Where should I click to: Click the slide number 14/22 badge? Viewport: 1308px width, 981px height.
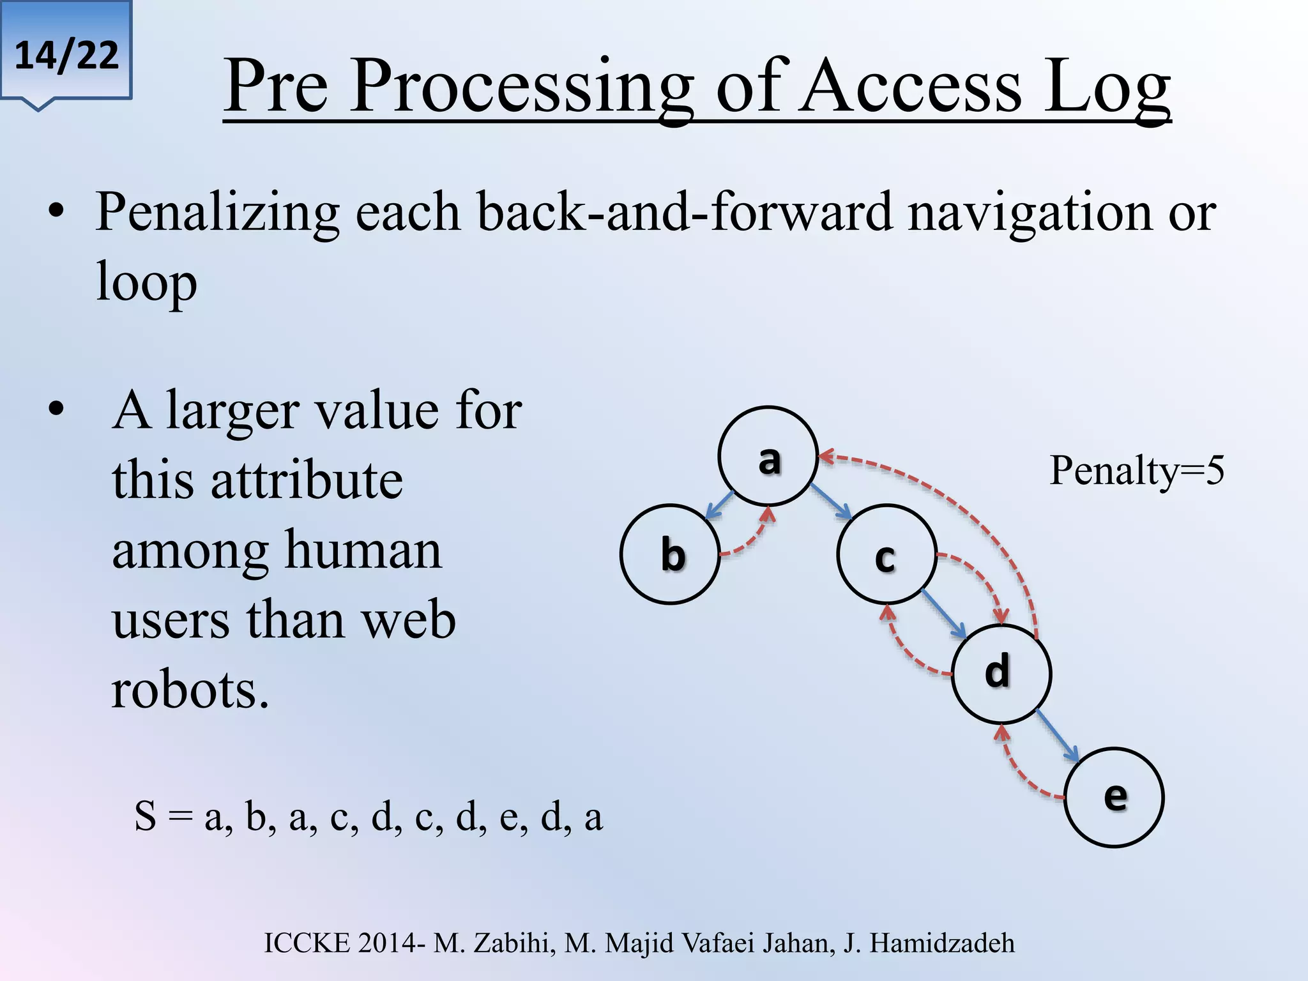click(x=66, y=54)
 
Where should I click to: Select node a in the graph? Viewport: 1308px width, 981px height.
click(x=768, y=456)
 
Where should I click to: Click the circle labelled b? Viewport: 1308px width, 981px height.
click(x=670, y=554)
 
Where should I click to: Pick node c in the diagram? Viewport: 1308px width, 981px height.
click(x=886, y=554)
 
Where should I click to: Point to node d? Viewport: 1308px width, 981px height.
click(x=1000, y=674)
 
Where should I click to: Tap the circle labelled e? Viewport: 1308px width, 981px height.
click(x=1114, y=797)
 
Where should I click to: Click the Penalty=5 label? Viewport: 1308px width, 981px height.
click(x=1136, y=471)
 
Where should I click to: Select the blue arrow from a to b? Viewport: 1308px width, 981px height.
click(x=719, y=505)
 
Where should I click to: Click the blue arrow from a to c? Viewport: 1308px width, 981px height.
click(x=831, y=501)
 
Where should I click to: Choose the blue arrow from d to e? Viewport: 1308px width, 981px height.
click(x=1057, y=735)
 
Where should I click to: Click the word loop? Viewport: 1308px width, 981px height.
click(x=146, y=283)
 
